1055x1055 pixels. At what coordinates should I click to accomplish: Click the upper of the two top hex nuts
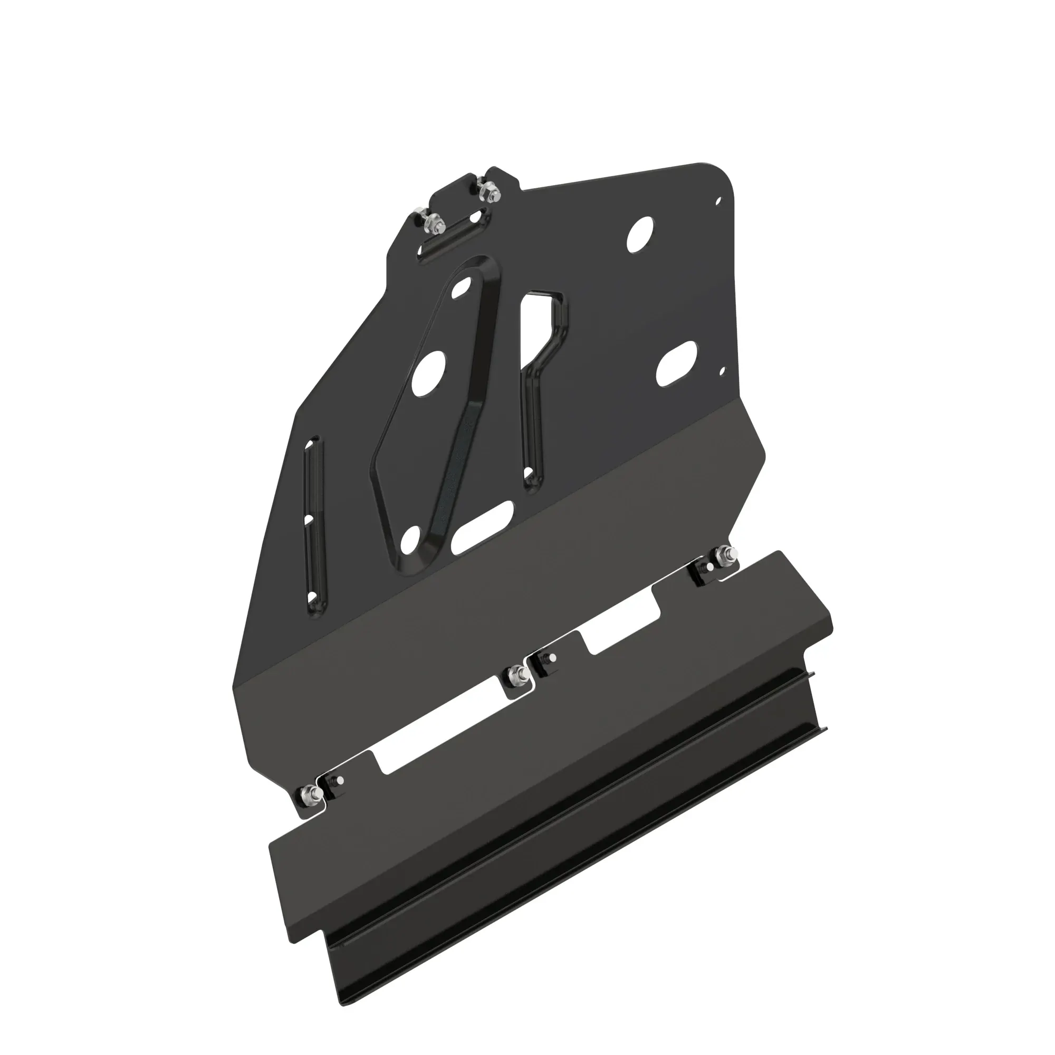pyautogui.click(x=486, y=191)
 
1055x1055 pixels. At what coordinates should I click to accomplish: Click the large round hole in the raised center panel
pyautogui.click(x=430, y=373)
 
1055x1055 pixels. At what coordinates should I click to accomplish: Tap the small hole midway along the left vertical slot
pyautogui.click(x=309, y=519)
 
